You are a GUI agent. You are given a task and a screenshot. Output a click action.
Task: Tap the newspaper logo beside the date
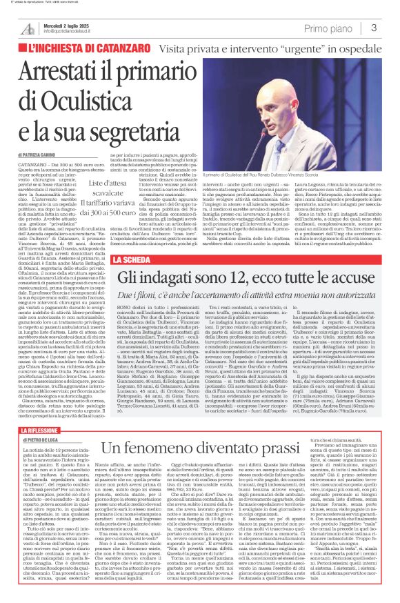click(28, 28)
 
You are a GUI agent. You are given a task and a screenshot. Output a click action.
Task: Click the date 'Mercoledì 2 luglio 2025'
click(68, 25)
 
